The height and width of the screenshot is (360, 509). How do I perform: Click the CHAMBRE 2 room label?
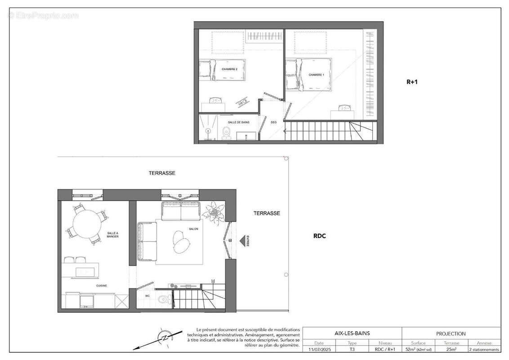229,69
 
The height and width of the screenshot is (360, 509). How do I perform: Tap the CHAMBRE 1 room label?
317,75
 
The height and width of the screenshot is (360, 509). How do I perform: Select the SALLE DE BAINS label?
238,122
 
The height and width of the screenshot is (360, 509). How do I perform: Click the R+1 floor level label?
412,82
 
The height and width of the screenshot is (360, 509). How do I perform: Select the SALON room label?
194,229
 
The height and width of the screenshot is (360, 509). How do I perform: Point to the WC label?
147,296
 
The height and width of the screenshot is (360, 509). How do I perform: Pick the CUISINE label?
101,286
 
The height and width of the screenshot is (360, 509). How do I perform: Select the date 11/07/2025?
319,349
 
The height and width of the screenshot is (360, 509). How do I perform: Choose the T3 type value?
352,349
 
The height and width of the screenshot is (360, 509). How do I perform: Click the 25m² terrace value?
451,349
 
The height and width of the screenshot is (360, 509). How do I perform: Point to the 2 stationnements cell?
484,349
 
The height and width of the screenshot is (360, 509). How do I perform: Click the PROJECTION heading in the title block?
451,333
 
